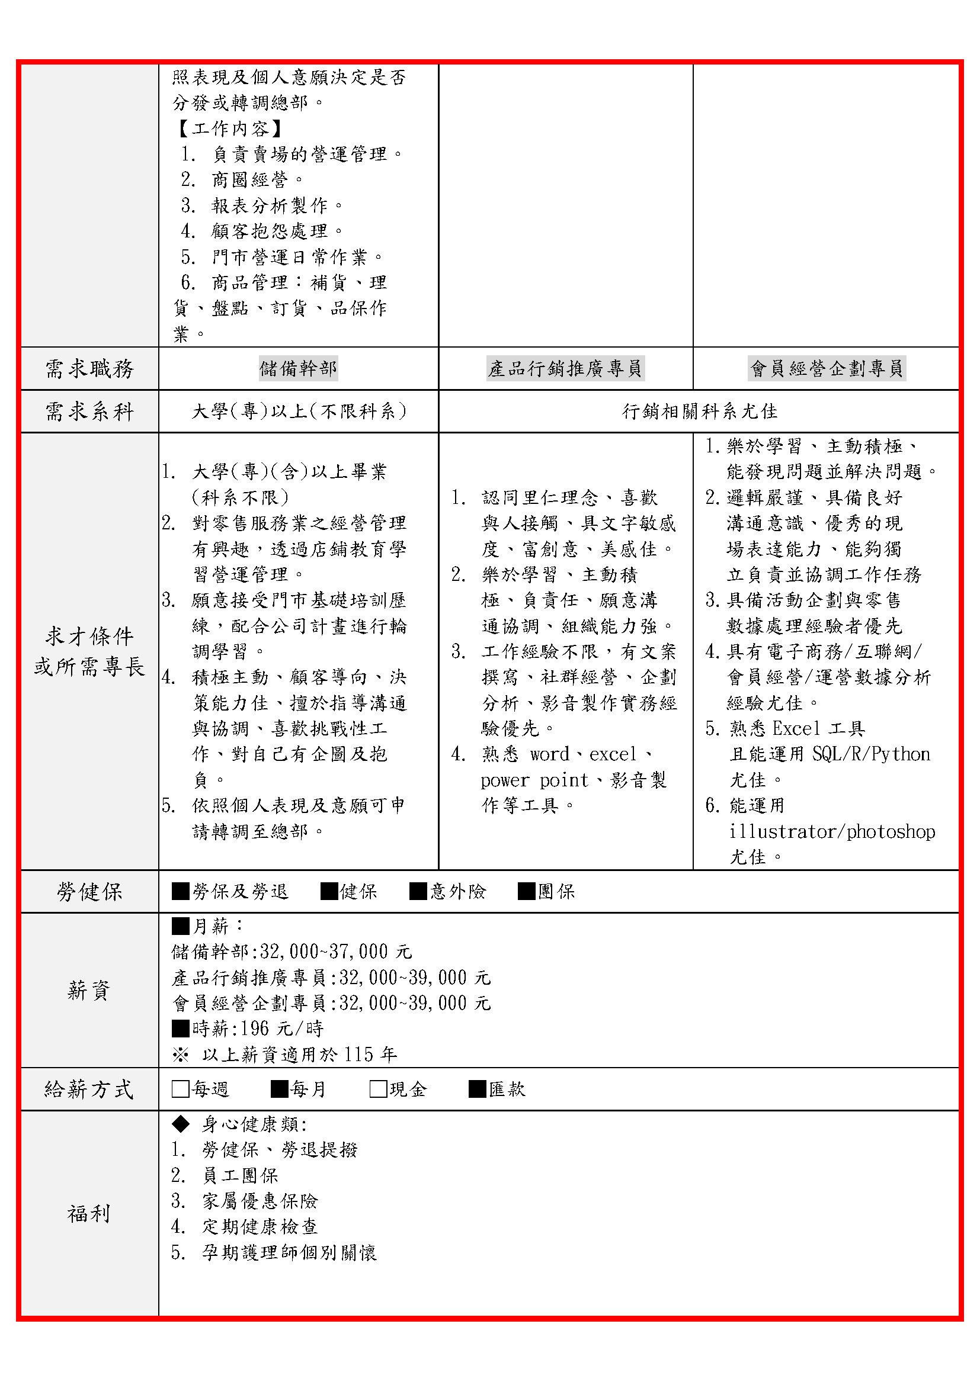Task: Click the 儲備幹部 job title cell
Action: (298, 368)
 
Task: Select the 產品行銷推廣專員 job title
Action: (565, 368)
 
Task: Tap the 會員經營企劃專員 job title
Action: (826, 368)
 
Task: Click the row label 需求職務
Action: (89, 368)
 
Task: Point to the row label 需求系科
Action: (89, 412)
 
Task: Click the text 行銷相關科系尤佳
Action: (699, 412)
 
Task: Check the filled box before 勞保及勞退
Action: (181, 891)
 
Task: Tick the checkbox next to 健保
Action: (329, 891)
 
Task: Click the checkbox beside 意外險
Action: (418, 891)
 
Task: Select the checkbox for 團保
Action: (526, 891)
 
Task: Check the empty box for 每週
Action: (181, 1089)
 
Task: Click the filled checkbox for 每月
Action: (280, 1089)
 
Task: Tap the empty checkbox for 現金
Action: (379, 1089)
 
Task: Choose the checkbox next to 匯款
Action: (478, 1089)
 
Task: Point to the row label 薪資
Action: (89, 990)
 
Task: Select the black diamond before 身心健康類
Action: (181, 1124)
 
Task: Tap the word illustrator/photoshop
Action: (832, 832)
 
